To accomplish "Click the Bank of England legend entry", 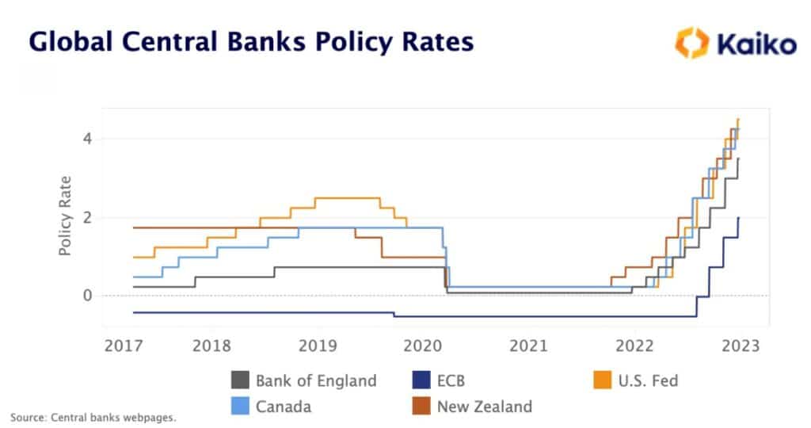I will point(304,380).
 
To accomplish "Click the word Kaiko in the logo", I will point(756,44).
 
